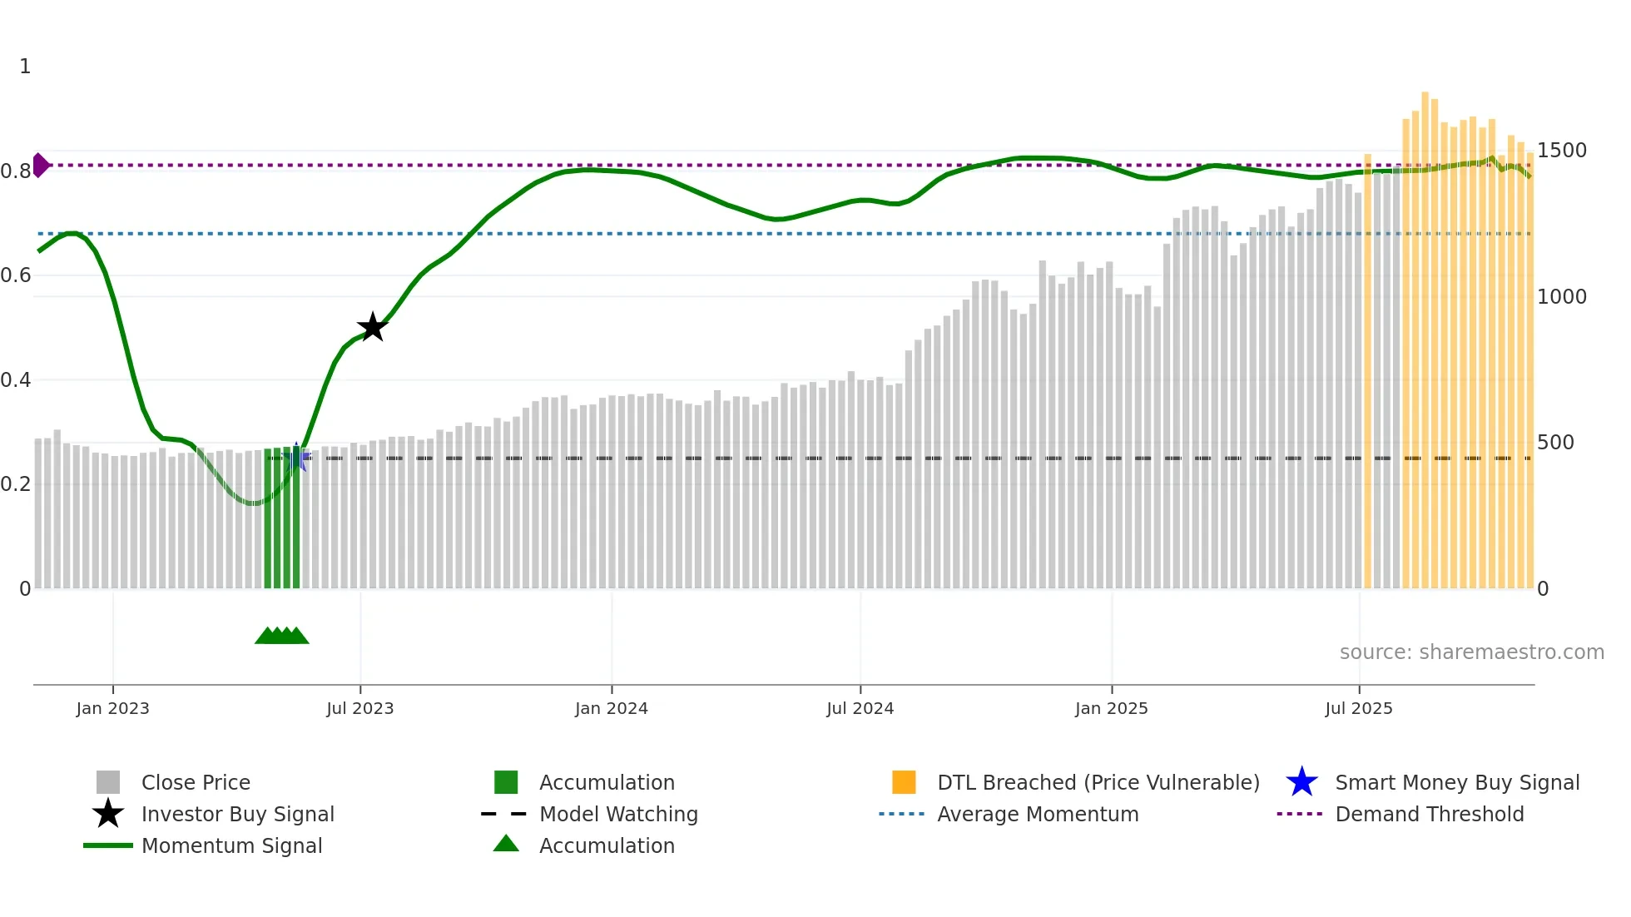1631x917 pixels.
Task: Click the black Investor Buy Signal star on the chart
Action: point(373,327)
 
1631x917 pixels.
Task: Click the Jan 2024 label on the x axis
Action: point(611,708)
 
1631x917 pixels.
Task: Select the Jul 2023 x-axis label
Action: point(359,708)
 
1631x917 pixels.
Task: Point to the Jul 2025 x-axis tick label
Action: point(1358,708)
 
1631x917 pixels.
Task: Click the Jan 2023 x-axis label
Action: point(112,708)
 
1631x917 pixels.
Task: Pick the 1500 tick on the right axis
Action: point(1561,151)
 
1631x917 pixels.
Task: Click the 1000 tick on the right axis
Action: point(1561,297)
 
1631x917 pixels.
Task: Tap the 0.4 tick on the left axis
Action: point(16,380)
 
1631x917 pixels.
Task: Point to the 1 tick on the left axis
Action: point(25,67)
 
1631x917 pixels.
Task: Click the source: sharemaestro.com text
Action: point(1471,652)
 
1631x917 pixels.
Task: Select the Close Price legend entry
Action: point(196,782)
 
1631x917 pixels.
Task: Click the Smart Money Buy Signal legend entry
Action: point(1456,782)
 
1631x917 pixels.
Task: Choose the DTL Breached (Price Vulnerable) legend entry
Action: point(1098,782)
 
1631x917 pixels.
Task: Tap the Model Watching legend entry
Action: point(618,814)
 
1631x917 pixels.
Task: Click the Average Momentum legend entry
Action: point(1037,814)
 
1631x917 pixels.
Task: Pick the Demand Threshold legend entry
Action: point(1429,814)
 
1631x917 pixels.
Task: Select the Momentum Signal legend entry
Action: point(231,845)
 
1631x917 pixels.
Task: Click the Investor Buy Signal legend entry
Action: point(237,814)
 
